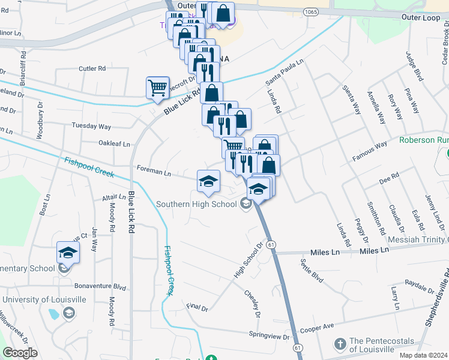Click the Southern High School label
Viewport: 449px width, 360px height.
[196, 204]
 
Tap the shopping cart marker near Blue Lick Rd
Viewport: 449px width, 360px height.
[158, 88]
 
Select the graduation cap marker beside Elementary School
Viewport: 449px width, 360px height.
[68, 253]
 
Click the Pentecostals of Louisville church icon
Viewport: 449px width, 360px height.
[340, 343]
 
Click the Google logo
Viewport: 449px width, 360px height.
[20, 353]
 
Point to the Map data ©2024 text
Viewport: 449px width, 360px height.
[423, 355]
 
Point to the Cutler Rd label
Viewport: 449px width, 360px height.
[92, 68]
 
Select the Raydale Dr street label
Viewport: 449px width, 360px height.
[420, 283]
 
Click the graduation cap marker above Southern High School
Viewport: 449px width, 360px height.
[208, 181]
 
